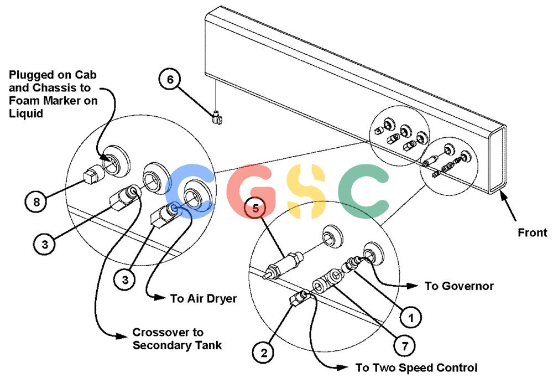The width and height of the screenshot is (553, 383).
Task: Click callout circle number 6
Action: [x=170, y=80]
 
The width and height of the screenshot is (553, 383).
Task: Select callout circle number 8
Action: [x=36, y=202]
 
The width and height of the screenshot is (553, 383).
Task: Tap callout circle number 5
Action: [x=255, y=208]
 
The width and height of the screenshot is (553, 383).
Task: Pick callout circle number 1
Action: [x=411, y=318]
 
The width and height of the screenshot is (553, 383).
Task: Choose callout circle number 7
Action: [x=405, y=345]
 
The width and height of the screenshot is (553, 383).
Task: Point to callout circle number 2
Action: [x=264, y=353]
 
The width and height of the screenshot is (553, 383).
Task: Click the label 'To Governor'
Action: [x=459, y=286]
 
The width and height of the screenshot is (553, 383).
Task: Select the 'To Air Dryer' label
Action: [x=204, y=299]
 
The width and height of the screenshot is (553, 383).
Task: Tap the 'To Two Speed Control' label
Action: [x=416, y=368]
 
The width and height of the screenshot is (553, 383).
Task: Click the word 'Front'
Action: [x=533, y=232]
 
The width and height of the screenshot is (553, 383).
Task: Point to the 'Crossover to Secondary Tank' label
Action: [x=177, y=339]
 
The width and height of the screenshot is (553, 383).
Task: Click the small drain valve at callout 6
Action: [x=217, y=118]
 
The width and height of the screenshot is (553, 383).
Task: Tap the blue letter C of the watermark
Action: [x=189, y=190]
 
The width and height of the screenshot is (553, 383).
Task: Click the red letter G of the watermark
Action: [x=251, y=191]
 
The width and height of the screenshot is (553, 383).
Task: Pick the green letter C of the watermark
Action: [x=363, y=191]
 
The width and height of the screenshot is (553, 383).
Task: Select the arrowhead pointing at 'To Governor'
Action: [x=413, y=286]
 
